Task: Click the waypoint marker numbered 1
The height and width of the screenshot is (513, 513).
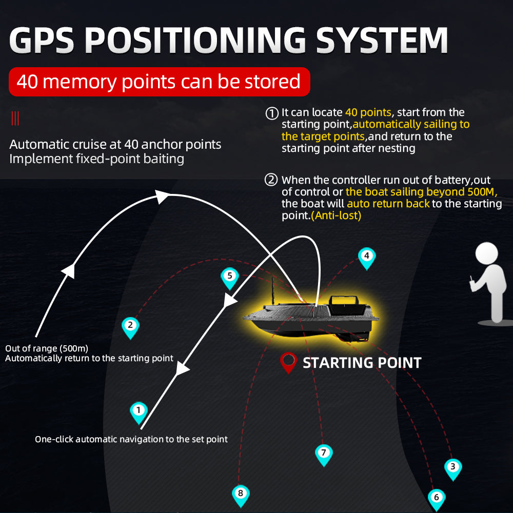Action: click(x=139, y=411)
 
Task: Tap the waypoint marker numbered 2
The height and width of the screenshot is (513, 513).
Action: click(x=130, y=326)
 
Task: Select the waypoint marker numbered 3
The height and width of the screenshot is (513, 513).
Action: click(x=452, y=467)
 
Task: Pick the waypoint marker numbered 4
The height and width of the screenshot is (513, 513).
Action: click(x=366, y=256)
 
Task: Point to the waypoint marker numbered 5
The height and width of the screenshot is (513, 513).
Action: click(x=229, y=277)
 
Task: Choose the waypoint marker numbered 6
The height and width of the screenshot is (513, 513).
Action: click(x=436, y=498)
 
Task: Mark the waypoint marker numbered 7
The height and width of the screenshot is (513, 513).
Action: click(x=323, y=453)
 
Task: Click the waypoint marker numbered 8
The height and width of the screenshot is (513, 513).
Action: click(x=241, y=495)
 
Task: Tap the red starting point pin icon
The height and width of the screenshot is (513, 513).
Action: click(x=288, y=361)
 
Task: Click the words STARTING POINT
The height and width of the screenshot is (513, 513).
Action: click(x=362, y=363)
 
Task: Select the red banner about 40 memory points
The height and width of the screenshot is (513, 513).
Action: click(x=159, y=82)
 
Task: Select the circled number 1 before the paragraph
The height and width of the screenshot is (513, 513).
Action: click(x=272, y=113)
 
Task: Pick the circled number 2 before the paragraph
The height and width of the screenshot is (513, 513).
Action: click(x=271, y=180)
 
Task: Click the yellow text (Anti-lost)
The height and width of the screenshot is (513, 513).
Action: click(x=336, y=215)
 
